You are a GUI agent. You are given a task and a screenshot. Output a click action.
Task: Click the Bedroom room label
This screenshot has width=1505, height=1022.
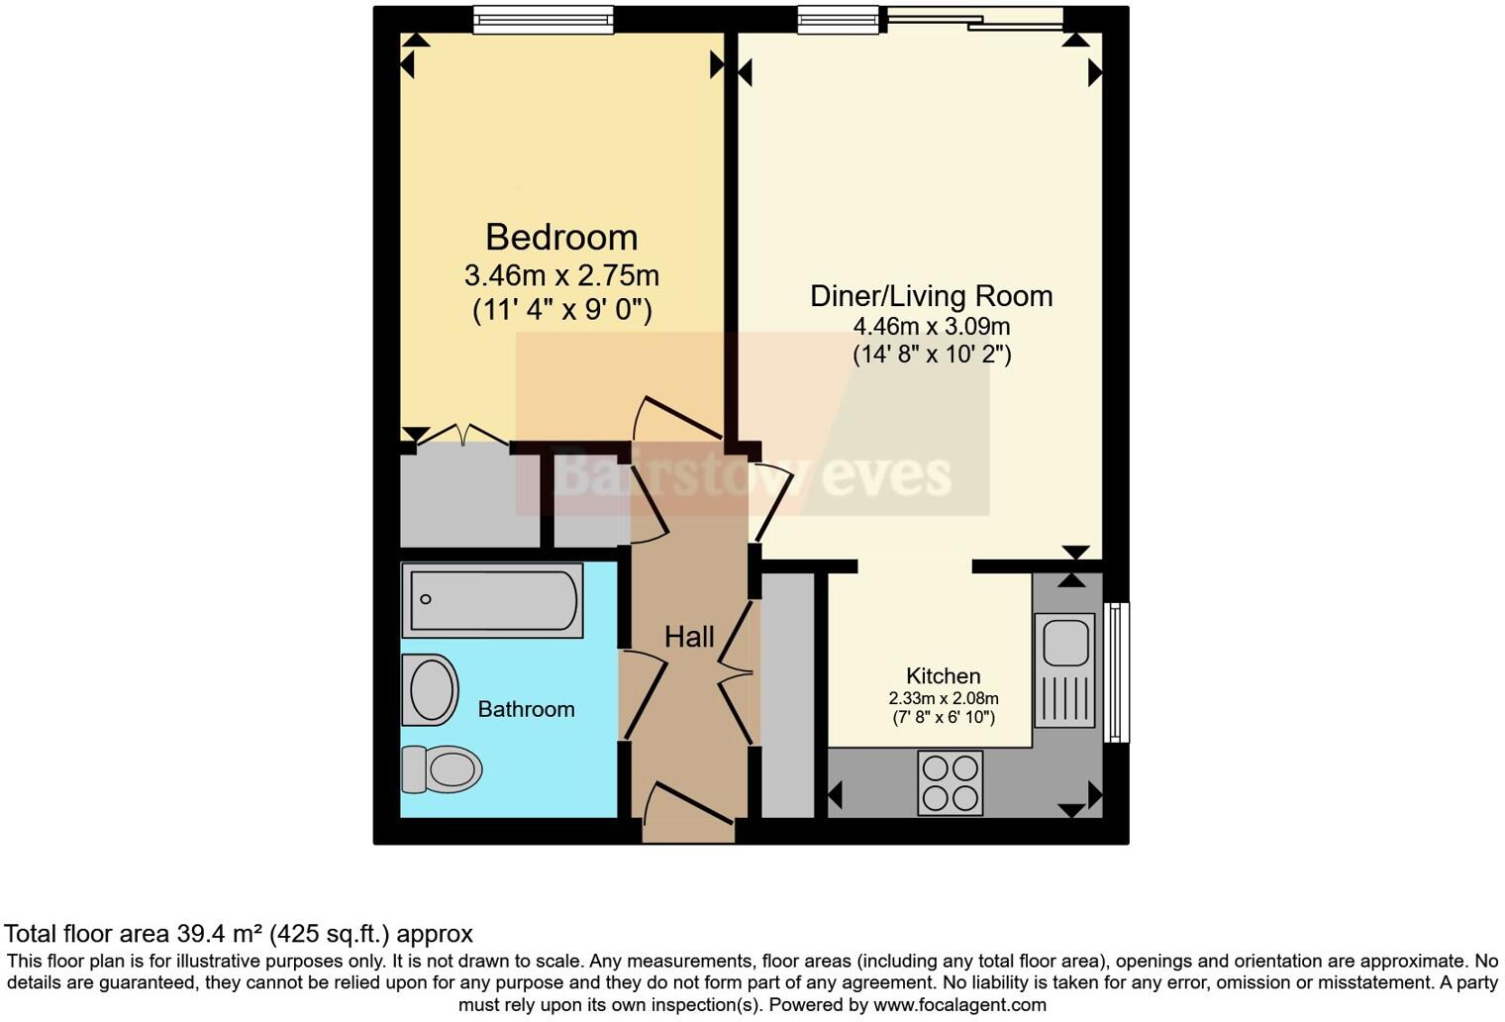tap(561, 238)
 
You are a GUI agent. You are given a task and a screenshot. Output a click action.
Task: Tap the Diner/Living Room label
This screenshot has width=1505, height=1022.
tap(931, 296)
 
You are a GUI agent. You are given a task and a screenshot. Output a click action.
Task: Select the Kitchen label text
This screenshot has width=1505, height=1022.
tap(943, 676)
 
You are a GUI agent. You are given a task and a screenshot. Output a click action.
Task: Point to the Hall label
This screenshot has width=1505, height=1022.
tap(689, 637)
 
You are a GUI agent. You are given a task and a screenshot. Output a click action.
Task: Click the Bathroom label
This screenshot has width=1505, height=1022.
tap(526, 709)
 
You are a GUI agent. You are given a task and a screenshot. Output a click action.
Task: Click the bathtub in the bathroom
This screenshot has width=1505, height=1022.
tap(492, 600)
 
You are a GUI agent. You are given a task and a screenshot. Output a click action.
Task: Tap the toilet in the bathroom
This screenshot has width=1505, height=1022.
tap(442, 768)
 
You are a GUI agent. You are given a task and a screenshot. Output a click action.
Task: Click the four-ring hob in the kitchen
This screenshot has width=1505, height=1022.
tap(951, 782)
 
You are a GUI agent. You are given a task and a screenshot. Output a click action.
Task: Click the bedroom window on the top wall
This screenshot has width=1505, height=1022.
tap(543, 19)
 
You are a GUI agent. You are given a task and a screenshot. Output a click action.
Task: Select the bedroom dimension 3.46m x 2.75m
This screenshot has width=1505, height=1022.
tap(561, 275)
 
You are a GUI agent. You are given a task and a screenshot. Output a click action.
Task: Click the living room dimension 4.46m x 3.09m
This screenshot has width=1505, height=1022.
tap(932, 327)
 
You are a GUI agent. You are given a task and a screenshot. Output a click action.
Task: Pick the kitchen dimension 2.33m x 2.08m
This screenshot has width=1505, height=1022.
tap(944, 699)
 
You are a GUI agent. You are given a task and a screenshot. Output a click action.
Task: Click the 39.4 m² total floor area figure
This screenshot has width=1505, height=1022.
tap(220, 934)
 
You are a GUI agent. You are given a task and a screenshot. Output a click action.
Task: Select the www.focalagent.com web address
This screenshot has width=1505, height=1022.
tap(959, 1005)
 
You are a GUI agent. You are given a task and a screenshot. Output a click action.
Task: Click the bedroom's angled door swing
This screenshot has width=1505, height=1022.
tap(677, 417)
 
